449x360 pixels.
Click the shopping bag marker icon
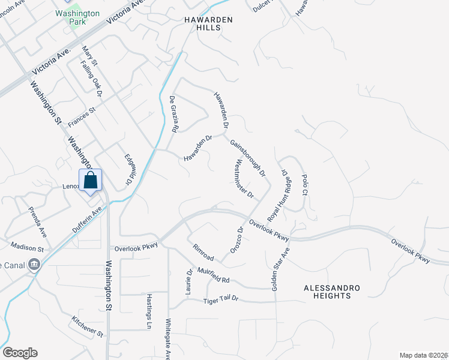tap(90, 181)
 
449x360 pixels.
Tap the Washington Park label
tap(77, 17)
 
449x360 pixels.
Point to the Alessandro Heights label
tap(332, 292)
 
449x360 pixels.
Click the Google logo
tap(20, 353)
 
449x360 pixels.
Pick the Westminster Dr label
tap(245, 179)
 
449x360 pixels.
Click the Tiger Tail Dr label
tap(221, 299)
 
